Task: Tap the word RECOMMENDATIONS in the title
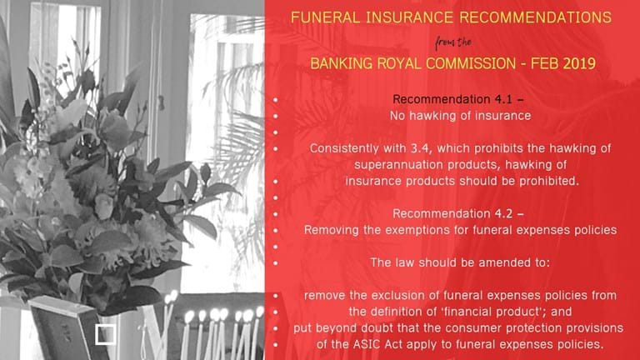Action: (535, 17)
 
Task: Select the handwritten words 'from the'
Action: (453, 42)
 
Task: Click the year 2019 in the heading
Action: (579, 63)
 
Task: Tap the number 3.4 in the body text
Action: (421, 148)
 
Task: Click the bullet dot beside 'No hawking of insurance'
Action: (276, 117)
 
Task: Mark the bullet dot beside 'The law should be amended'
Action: (276, 263)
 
